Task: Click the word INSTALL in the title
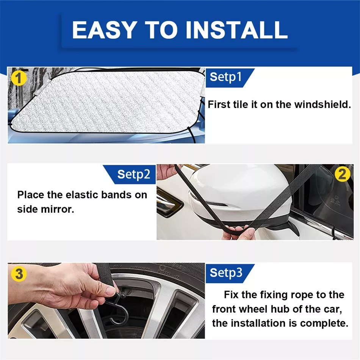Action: (x=236, y=30)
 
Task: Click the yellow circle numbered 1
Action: (x=19, y=78)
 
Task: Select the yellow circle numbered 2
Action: (x=342, y=174)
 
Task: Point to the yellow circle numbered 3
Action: (x=19, y=274)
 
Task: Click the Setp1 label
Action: (x=226, y=77)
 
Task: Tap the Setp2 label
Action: (x=134, y=174)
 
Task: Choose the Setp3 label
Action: (x=226, y=273)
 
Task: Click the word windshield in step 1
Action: (x=322, y=105)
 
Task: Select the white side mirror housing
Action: (x=239, y=195)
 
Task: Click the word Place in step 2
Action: (x=31, y=195)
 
